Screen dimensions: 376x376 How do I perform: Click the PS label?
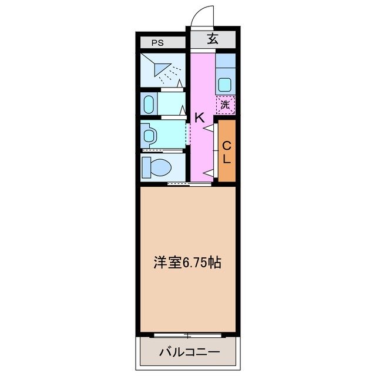(x=157, y=42)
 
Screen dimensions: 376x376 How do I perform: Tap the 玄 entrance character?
(x=212, y=40)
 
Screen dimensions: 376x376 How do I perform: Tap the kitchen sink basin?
(x=225, y=84)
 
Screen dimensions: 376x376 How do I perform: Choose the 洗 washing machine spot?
(x=225, y=106)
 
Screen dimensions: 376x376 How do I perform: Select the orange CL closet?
(x=227, y=152)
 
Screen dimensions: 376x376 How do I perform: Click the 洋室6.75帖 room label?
(x=187, y=263)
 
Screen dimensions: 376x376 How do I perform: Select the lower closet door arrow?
(x=208, y=172)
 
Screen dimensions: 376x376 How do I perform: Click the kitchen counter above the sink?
(x=225, y=61)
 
